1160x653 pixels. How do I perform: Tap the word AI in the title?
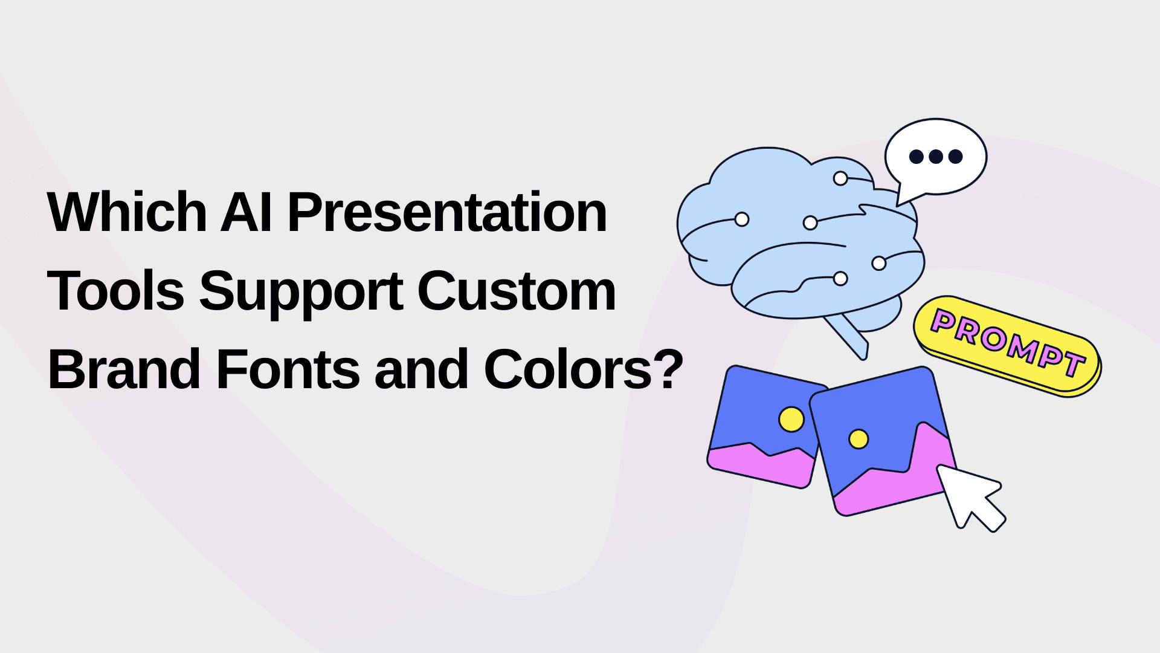245,212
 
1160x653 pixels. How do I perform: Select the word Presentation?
446,212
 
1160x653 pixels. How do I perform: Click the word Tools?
115,291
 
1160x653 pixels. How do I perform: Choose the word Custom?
516,291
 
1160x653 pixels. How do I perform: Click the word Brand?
124,369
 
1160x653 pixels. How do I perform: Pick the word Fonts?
288,369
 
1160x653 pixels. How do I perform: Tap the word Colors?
569,369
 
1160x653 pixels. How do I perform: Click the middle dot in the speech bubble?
936,157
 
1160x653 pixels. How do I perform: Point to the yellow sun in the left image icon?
791,419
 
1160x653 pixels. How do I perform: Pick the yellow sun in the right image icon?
858,439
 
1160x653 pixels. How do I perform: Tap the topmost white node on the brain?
840,178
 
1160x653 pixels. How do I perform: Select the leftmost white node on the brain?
742,219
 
